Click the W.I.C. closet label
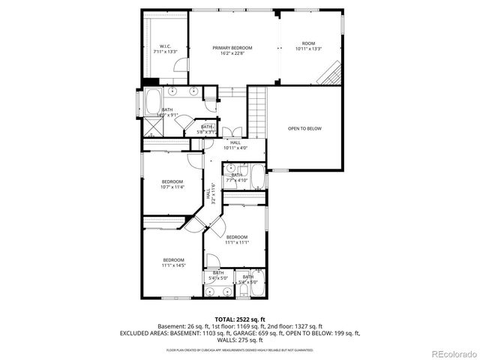165,49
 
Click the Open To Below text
304,128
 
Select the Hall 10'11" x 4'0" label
235,145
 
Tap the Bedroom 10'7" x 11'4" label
172,184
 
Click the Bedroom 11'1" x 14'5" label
173,262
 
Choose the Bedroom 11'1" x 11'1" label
236,240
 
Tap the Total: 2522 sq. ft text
239,319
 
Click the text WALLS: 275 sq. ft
239,340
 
